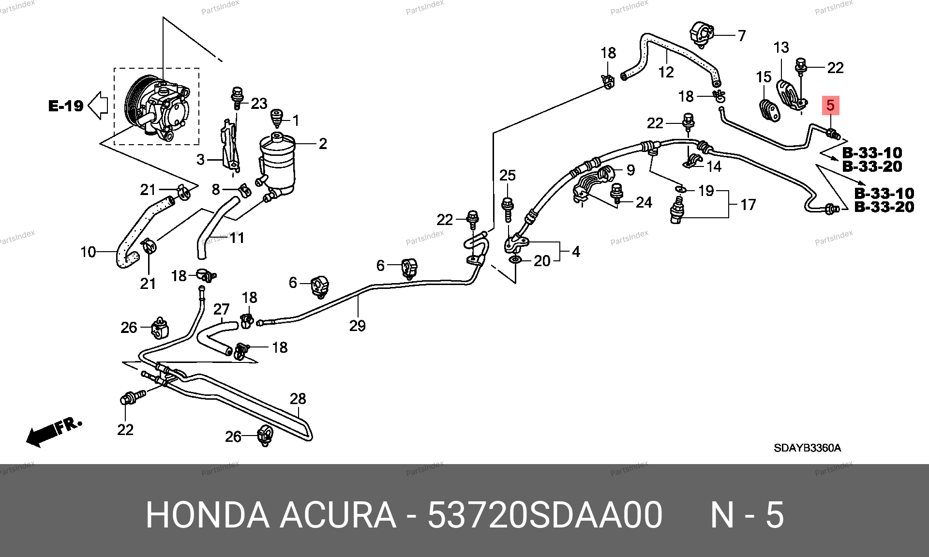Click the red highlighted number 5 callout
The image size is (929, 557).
click(830, 105)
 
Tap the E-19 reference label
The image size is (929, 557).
click(66, 105)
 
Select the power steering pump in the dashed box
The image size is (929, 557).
click(157, 107)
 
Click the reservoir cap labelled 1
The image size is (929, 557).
click(276, 118)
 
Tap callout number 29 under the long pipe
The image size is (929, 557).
click(357, 326)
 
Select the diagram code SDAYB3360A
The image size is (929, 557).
click(807, 448)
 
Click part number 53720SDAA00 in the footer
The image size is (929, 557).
click(544, 515)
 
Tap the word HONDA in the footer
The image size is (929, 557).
click(208, 515)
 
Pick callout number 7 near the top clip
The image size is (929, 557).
click(742, 35)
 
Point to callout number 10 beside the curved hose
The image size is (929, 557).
click(88, 252)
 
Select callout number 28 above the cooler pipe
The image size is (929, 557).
click(298, 398)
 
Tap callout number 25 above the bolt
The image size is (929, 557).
click(508, 175)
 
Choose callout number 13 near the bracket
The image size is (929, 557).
click(781, 47)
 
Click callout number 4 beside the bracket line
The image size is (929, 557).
click(576, 252)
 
